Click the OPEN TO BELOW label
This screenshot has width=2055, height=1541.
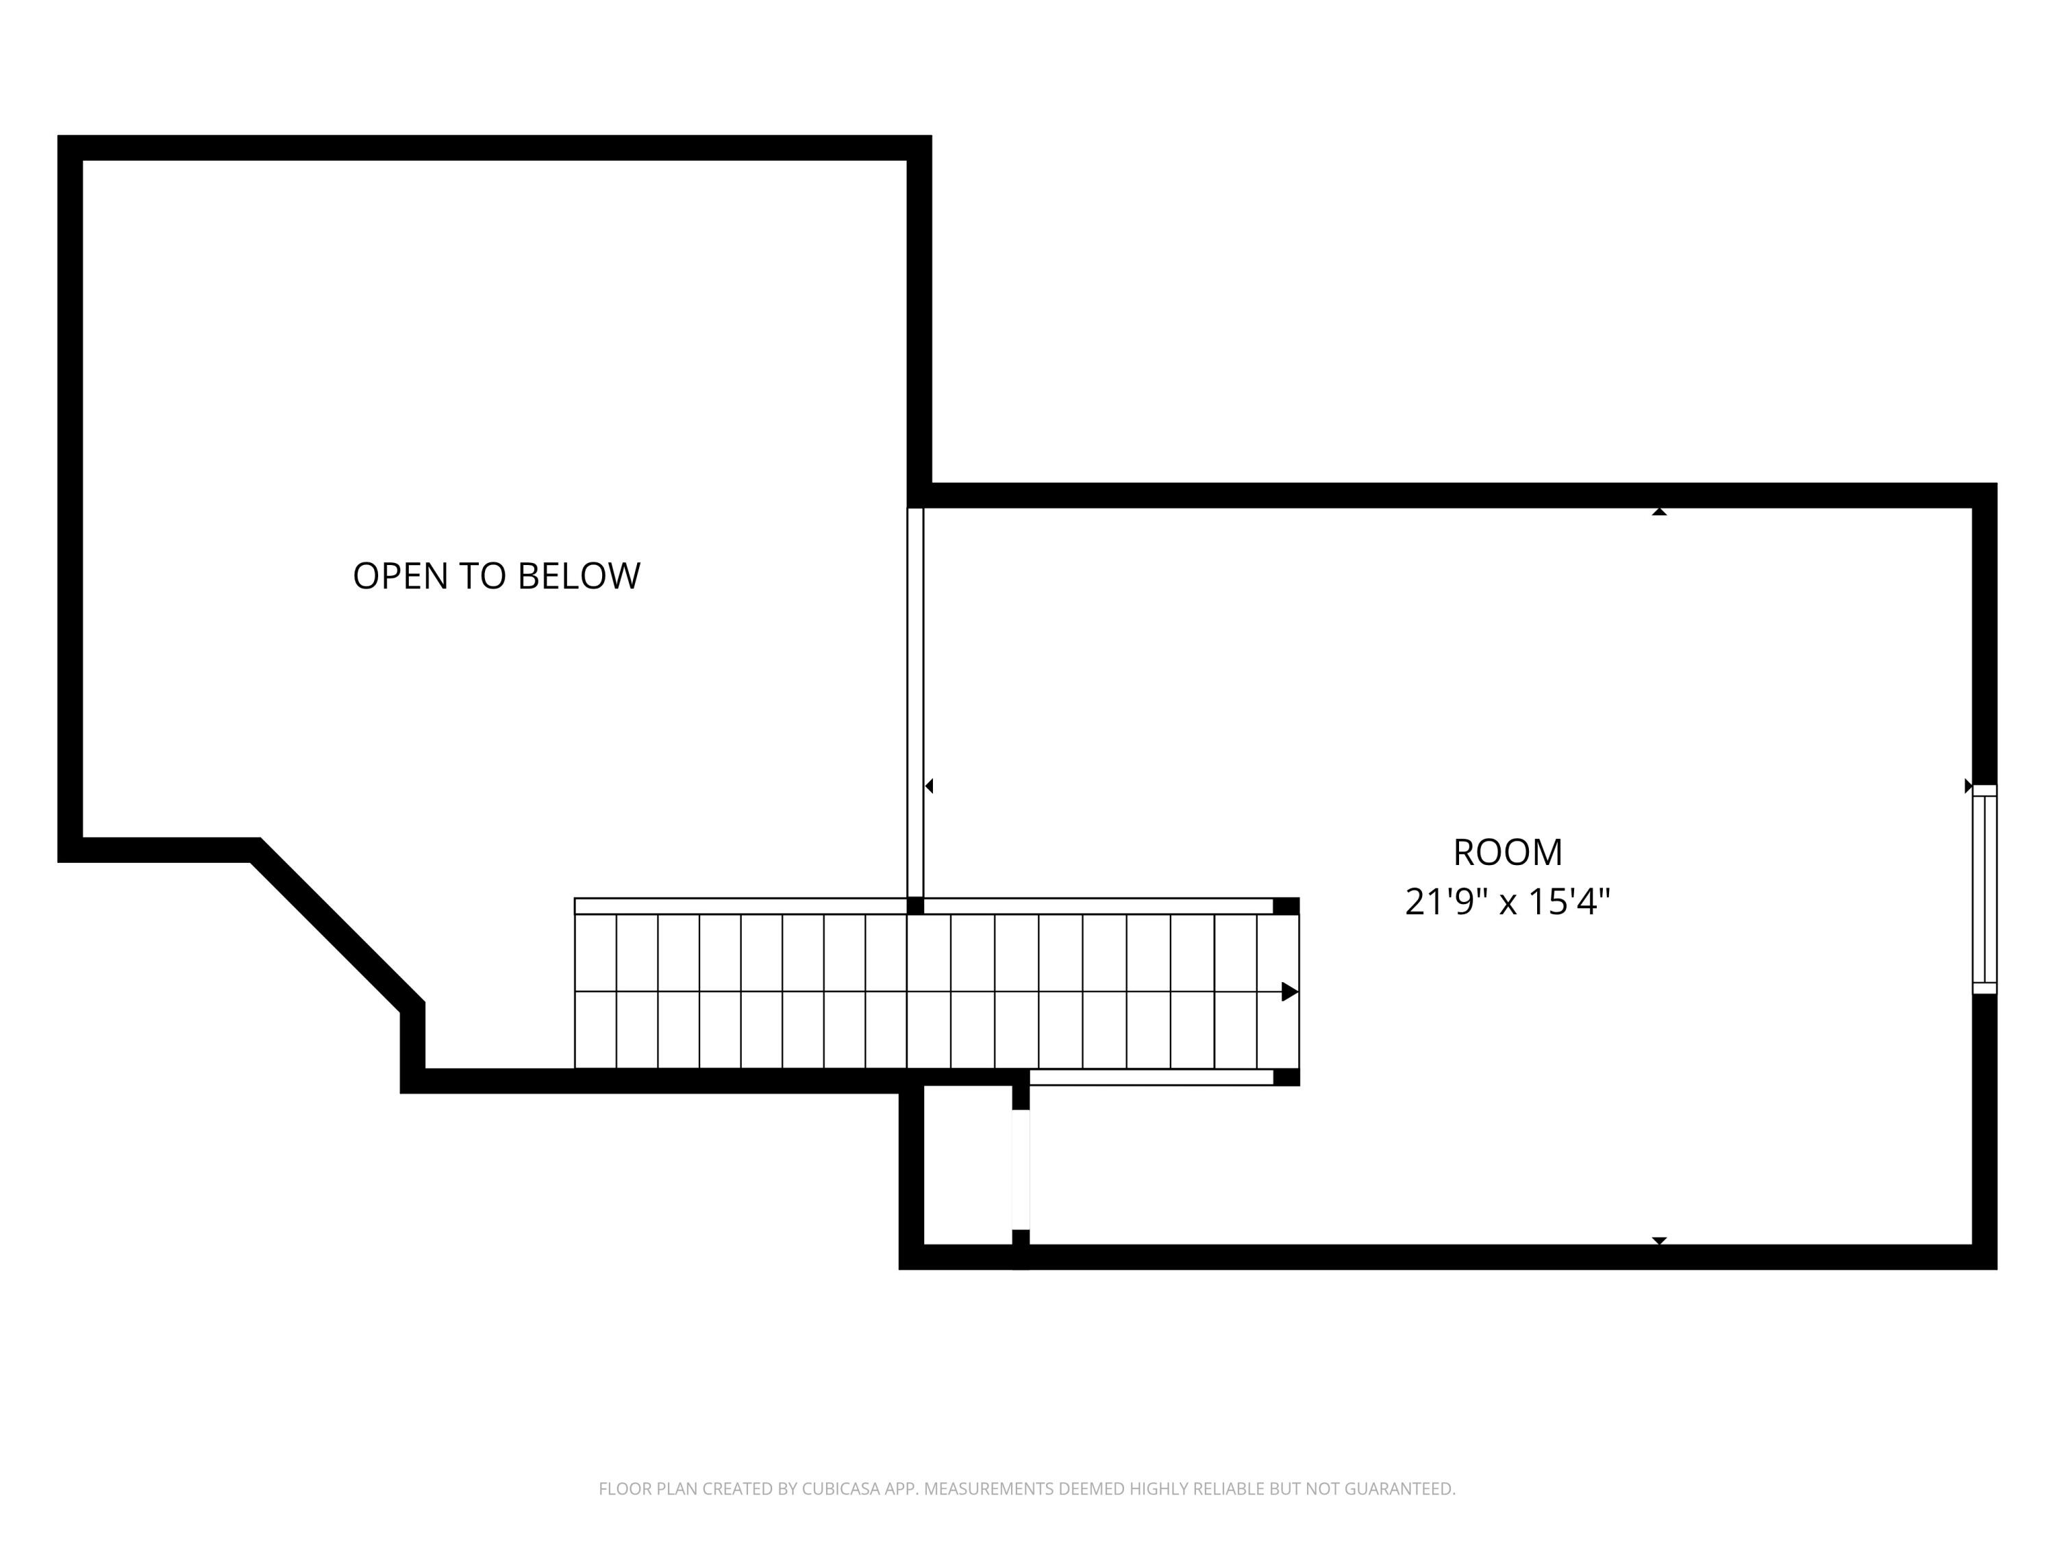click(496, 576)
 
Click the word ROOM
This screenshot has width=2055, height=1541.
click(1507, 852)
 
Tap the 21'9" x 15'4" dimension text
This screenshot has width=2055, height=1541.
click(1507, 902)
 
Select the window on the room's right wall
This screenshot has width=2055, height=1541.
click(1984, 889)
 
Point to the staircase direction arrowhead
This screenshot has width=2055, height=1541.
click(1288, 992)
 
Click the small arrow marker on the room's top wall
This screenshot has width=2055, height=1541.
click(1659, 512)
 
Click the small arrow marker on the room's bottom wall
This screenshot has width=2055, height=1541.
click(1659, 1240)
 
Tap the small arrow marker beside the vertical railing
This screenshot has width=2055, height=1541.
click(929, 786)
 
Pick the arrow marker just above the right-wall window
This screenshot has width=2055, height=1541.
click(1968, 786)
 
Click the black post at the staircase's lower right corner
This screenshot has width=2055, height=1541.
click(1286, 1077)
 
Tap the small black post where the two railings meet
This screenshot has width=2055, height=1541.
click(915, 905)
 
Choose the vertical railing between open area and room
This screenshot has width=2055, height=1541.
click(915, 701)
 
